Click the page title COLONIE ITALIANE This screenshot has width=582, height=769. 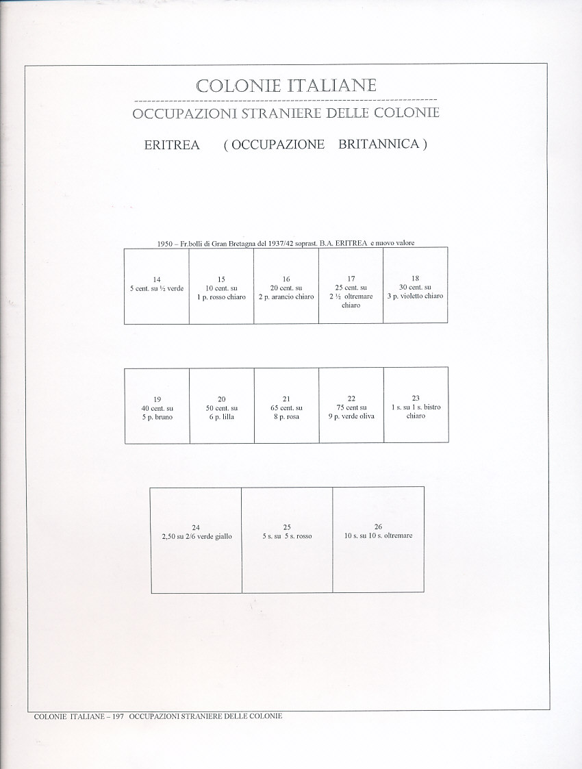click(x=286, y=86)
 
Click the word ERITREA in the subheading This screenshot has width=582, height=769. click(x=172, y=145)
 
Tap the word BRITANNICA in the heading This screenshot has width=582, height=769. click(x=378, y=145)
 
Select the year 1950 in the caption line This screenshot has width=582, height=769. click(x=164, y=243)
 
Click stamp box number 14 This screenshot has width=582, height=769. click(x=157, y=285)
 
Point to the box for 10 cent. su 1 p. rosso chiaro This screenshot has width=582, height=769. click(x=221, y=285)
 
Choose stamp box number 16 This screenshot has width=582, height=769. click(x=286, y=285)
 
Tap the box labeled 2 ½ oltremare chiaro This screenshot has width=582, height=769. click(x=351, y=285)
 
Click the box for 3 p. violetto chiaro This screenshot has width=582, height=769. click(x=416, y=285)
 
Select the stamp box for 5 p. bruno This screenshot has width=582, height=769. click(x=157, y=405)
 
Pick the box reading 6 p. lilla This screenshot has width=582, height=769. click(x=222, y=405)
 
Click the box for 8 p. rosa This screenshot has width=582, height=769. click(x=286, y=405)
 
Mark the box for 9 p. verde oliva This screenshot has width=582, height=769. click(x=351, y=405)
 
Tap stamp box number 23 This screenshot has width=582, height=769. click(x=416, y=405)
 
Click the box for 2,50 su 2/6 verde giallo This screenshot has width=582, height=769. click(x=196, y=540)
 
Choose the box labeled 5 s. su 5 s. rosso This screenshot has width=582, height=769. click(x=287, y=540)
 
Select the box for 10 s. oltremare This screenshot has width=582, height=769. click(x=378, y=540)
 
